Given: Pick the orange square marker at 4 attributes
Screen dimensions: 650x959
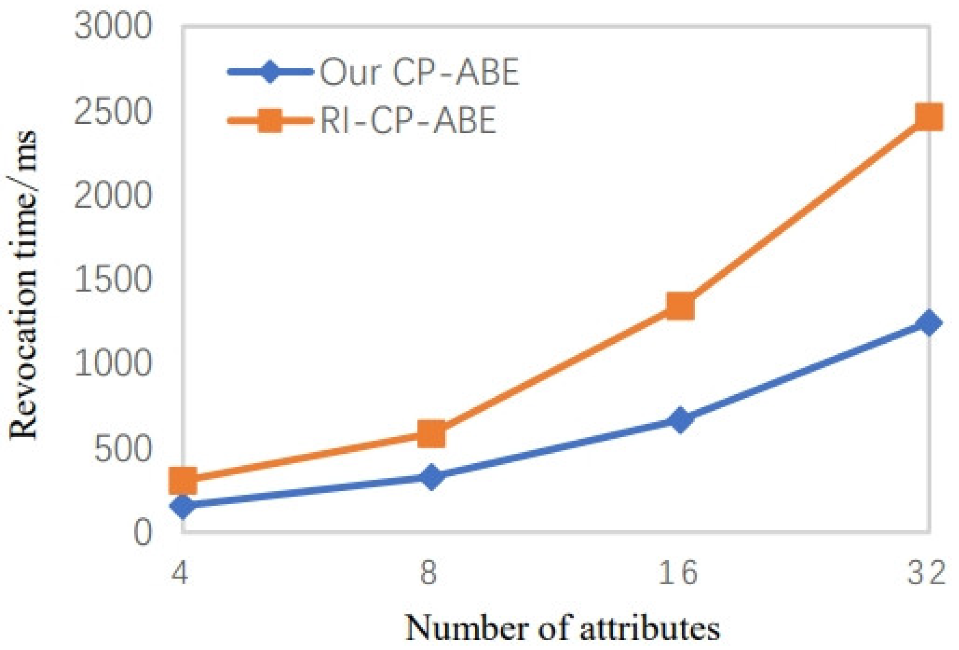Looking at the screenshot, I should tap(183, 481).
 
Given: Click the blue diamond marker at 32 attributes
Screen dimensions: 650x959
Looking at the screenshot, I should tap(929, 322).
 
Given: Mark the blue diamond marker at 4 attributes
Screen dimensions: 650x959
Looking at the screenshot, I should tap(183, 506).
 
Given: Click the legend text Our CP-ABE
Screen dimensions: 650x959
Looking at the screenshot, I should tap(419, 72).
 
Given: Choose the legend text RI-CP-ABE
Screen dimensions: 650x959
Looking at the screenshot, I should tap(408, 120).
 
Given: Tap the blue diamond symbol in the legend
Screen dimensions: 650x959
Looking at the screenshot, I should tap(270, 72).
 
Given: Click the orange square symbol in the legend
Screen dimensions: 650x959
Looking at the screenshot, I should tap(270, 120).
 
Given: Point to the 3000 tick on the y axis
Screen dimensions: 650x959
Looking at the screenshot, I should tap(113, 27).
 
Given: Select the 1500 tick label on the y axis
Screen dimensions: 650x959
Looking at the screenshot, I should tap(113, 279).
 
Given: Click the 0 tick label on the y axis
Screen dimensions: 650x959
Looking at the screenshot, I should tap(143, 533).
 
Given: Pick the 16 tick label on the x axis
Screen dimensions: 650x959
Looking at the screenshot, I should tap(678, 573).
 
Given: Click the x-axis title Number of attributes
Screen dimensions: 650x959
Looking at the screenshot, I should tap(562, 628).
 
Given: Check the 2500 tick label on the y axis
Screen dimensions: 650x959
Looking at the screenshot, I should tap(113, 112).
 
